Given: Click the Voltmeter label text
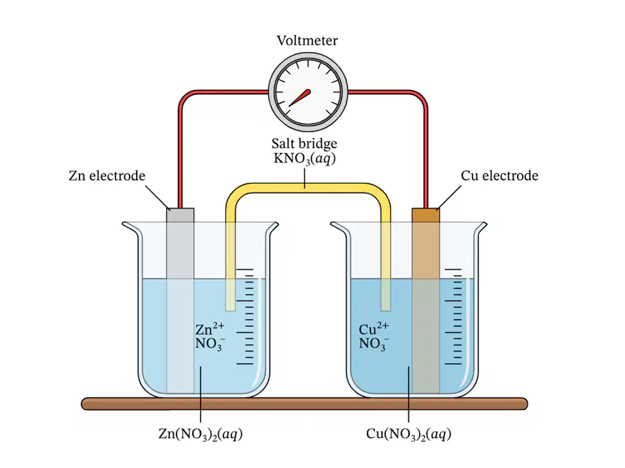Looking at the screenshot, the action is pos(307,40).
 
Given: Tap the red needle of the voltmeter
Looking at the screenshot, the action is pos(299,98).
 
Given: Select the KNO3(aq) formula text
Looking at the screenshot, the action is pos(305,159).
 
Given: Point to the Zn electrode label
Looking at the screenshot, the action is pos(107,175).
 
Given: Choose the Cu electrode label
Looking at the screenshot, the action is pos(499,175).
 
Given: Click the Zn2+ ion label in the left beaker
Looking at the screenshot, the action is pos(210,329).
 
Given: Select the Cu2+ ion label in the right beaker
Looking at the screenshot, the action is pos(374,329).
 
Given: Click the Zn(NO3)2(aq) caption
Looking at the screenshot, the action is pos(201,434).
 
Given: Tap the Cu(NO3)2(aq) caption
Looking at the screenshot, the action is pos(409,434).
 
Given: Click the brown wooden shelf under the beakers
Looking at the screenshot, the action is pos(305,404).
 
